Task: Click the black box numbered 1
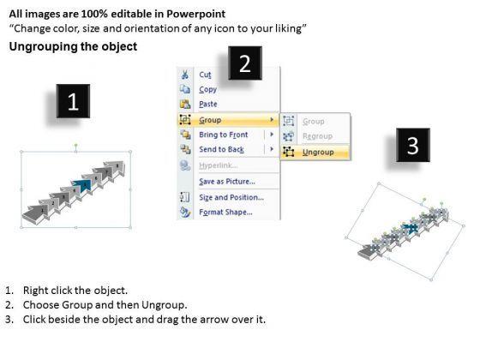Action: [x=73, y=101]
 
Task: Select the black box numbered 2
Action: [x=245, y=63]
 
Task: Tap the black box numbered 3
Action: [x=413, y=145]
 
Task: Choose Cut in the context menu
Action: [x=205, y=75]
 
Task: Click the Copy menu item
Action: [x=207, y=89]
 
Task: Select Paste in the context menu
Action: [x=208, y=104]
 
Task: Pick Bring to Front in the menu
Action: [x=224, y=135]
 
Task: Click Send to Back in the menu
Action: [x=222, y=149]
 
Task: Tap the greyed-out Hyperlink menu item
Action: [x=219, y=165]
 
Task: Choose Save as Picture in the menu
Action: [x=227, y=182]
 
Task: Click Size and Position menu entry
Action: [x=231, y=197]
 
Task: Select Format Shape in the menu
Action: [x=226, y=213]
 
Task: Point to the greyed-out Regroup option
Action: [x=317, y=136]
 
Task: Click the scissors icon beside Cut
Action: [x=185, y=75]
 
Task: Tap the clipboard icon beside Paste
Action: [x=185, y=104]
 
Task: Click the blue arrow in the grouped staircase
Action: [x=82, y=185]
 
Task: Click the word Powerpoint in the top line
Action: [x=196, y=14]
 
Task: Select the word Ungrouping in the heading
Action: [x=44, y=47]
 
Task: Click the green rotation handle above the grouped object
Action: [x=76, y=145]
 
